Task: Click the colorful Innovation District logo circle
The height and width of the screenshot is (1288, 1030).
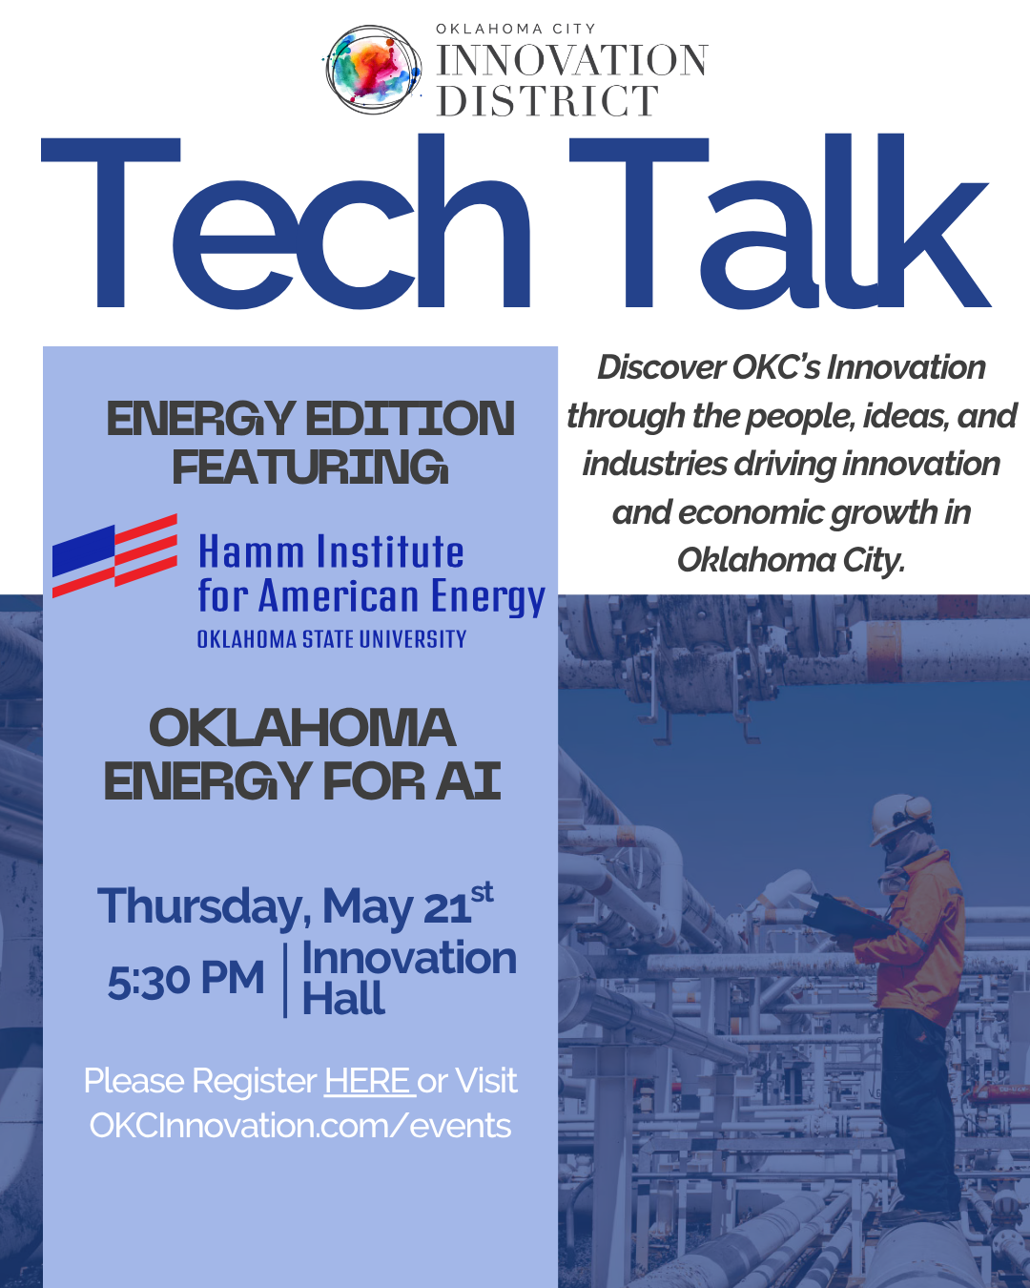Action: pyautogui.click(x=373, y=71)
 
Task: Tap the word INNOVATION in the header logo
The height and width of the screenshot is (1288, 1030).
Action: pyautogui.click(x=572, y=61)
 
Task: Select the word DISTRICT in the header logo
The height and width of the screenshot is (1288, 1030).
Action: pyautogui.click(x=547, y=101)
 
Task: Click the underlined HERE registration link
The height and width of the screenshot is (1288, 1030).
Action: pyautogui.click(x=368, y=1082)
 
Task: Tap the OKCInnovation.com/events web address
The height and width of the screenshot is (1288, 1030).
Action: pyautogui.click(x=300, y=1126)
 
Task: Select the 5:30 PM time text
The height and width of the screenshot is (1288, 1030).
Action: pyautogui.click(x=186, y=981)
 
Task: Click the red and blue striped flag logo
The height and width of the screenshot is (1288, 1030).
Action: pyautogui.click(x=115, y=555)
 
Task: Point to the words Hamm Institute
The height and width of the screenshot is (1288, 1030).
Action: pyautogui.click(x=331, y=552)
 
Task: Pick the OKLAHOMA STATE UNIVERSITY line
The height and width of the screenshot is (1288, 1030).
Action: pyautogui.click(x=331, y=639)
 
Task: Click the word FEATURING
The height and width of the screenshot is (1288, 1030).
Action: pyautogui.click(x=310, y=467)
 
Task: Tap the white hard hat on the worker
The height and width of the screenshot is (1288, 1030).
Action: pyautogui.click(x=899, y=814)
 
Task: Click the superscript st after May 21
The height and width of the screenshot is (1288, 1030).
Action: pyautogui.click(x=483, y=893)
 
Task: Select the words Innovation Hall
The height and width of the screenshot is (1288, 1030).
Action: pyautogui.click(x=408, y=979)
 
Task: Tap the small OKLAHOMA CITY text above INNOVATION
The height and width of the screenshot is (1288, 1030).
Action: pyautogui.click(x=516, y=29)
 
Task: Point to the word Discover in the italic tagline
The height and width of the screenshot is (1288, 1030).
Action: pyautogui.click(x=661, y=367)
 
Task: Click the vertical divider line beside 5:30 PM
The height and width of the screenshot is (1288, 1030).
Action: pyautogui.click(x=284, y=981)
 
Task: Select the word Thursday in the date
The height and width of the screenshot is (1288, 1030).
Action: pyautogui.click(x=204, y=906)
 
